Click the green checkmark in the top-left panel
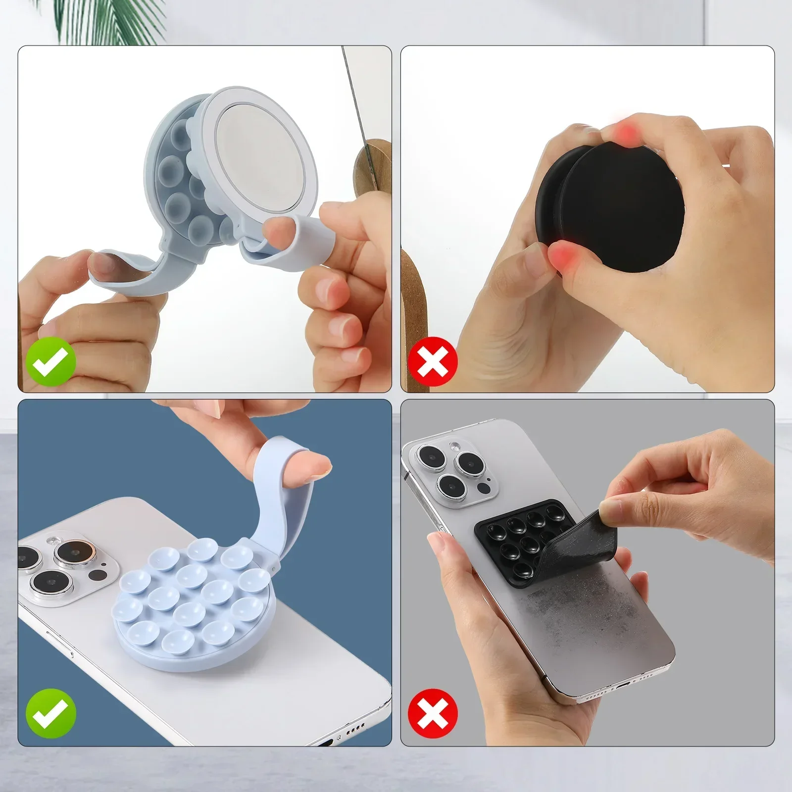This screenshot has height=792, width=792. [51, 362]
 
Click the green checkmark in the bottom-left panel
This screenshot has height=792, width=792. [51, 713]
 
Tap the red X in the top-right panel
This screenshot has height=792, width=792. [433, 362]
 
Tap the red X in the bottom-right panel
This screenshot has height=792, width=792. [433, 713]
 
